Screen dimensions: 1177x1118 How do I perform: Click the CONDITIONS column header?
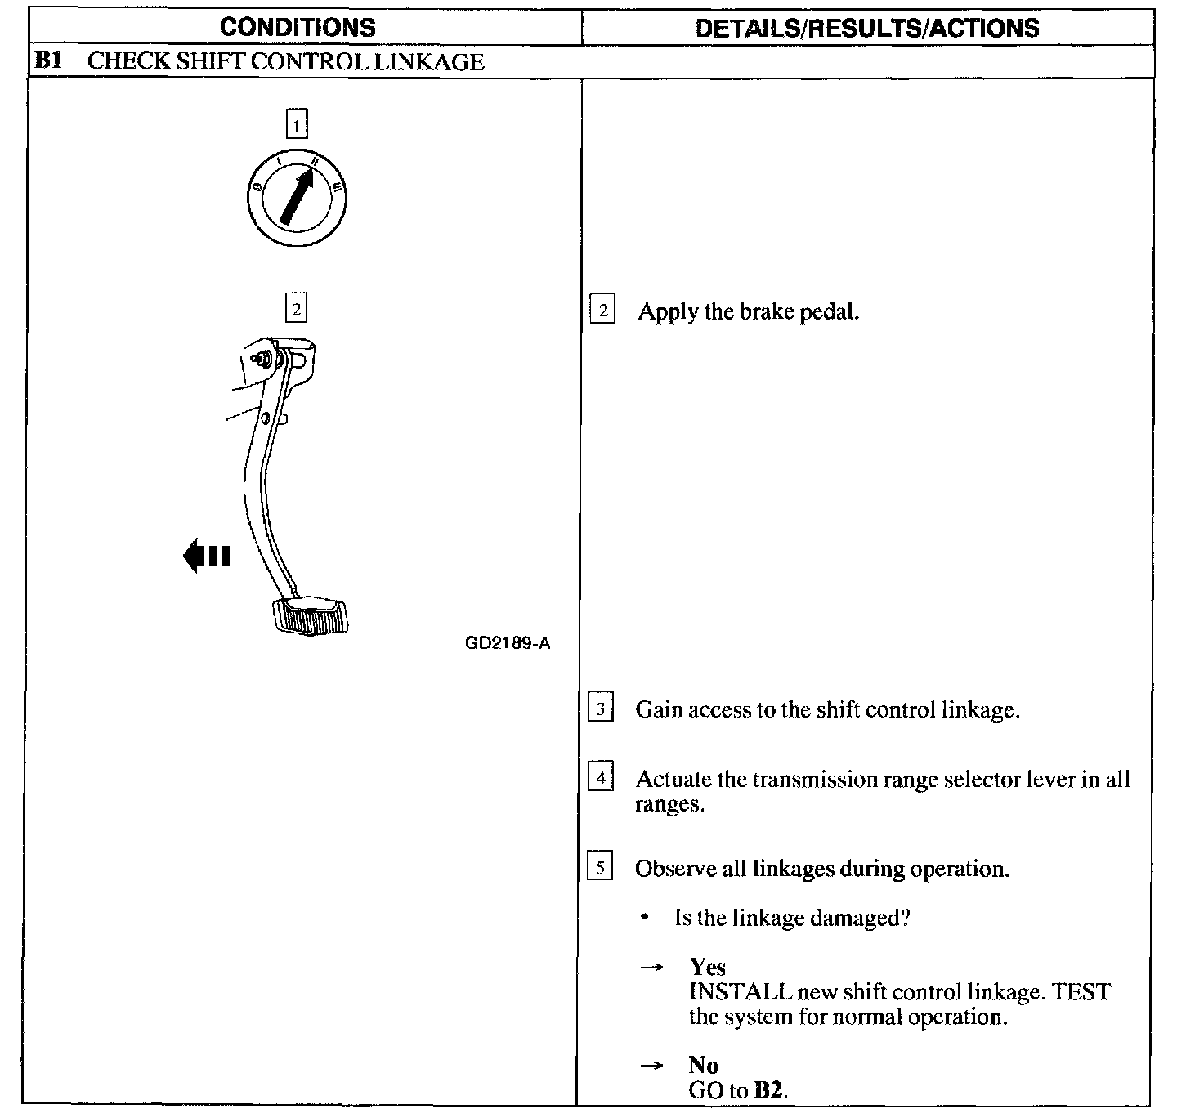coord(298,27)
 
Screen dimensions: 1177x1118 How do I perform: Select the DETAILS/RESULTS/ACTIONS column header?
coord(867,28)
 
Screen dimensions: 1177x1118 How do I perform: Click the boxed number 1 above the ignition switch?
coord(296,125)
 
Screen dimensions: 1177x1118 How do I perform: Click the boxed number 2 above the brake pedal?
coord(295,309)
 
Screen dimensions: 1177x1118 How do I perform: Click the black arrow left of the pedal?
coord(206,557)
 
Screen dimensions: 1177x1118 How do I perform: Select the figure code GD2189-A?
coord(508,643)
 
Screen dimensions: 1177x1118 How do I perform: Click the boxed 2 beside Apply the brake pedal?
coord(602,311)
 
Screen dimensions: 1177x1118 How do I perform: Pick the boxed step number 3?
coord(601,709)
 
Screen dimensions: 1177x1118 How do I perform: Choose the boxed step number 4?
coord(601,777)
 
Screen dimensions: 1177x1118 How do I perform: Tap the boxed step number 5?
coord(600,867)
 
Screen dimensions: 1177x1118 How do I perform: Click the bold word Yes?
coord(707,967)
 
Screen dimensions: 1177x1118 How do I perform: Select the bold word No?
coord(703,1065)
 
